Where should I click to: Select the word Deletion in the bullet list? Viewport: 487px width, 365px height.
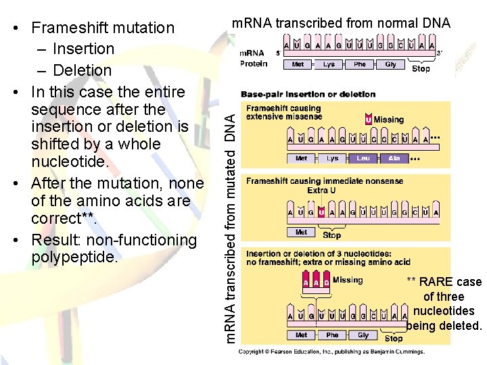[82, 70]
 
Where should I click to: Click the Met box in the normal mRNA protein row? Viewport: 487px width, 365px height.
[298, 65]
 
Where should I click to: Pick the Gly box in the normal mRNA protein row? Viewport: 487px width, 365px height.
[390, 65]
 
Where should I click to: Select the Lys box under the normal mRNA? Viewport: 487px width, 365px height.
[329, 65]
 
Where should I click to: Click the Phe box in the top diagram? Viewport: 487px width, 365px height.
[360, 65]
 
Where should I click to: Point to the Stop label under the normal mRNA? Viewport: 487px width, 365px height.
[421, 68]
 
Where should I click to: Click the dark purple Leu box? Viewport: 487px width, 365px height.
[363, 158]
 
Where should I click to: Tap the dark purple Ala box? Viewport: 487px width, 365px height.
[394, 158]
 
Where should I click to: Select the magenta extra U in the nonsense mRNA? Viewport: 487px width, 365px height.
[322, 212]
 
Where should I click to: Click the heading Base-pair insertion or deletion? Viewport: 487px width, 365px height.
[308, 94]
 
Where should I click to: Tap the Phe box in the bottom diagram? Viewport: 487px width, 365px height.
[332, 335]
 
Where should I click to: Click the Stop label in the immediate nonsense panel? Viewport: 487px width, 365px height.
[332, 236]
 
